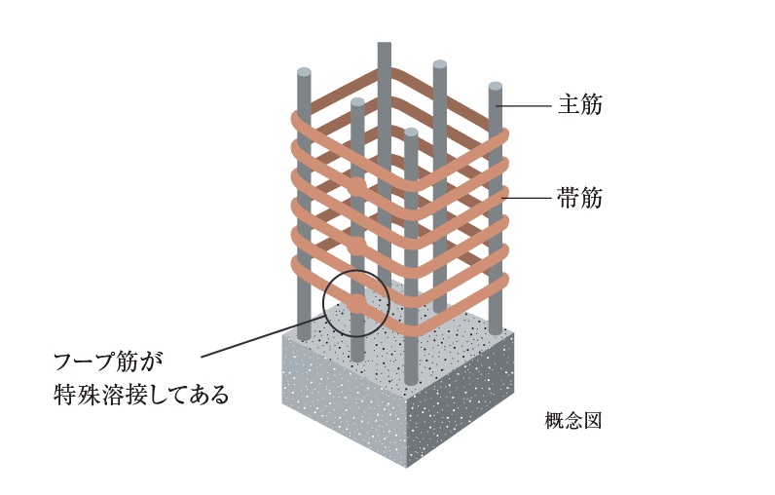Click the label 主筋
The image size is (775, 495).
click(x=580, y=105)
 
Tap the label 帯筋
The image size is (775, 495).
click(x=579, y=198)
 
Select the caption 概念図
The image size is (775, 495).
click(x=573, y=421)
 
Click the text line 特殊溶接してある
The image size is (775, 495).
click(x=141, y=394)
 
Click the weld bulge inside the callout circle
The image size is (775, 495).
click(x=356, y=303)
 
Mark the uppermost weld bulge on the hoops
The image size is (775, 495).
click(x=357, y=186)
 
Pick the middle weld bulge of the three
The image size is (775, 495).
click(x=356, y=245)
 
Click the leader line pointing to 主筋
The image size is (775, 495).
click(x=524, y=106)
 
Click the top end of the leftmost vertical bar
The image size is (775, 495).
click(x=305, y=73)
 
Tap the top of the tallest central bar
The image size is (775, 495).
click(x=385, y=44)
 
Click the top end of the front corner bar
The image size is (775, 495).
click(x=411, y=133)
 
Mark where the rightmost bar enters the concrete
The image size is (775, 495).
click(x=496, y=332)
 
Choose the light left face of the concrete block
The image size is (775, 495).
click(x=345, y=400)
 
